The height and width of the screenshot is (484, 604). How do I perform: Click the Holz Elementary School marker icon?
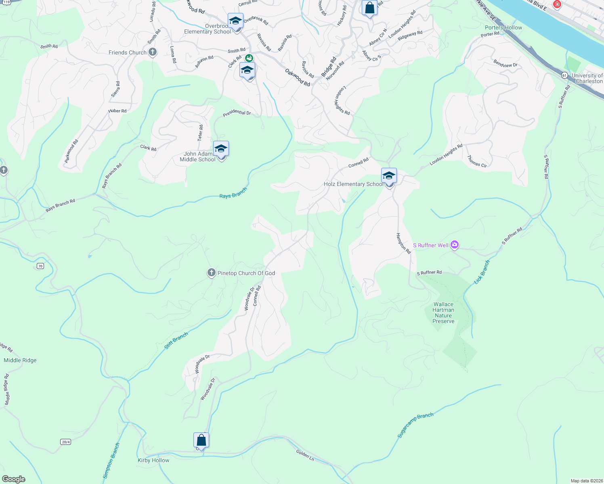pos(389,176)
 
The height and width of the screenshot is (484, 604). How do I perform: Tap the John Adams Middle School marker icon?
pos(221,149)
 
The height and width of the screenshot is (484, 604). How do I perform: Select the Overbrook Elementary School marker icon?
pos(235,21)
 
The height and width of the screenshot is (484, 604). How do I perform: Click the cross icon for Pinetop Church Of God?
pos(211,273)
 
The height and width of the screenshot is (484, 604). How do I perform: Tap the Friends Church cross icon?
pos(152,52)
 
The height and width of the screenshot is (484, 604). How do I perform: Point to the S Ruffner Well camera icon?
pos(455,245)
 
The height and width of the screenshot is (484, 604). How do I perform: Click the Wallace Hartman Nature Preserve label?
pos(443,313)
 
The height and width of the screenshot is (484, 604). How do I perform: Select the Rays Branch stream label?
pos(233,193)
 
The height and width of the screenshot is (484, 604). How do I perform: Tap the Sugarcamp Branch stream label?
pos(415,425)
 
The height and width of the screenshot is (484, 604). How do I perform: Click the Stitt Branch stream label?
pos(176,340)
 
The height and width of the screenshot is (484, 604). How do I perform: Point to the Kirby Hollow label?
pos(153,460)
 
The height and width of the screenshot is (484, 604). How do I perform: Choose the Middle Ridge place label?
pos(20,360)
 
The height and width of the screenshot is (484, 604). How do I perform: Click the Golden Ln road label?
pos(305,455)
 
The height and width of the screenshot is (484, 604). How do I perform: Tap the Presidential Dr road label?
pos(237,113)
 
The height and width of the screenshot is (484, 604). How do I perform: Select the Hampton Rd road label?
pos(403,243)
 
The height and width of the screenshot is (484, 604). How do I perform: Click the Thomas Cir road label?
pos(477,161)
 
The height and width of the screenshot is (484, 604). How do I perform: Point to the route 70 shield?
pos(40,266)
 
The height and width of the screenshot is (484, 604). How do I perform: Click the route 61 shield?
pos(564,75)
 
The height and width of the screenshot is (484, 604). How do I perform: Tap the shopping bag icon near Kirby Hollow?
pos(201,440)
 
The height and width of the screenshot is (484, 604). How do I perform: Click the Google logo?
pos(14,479)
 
